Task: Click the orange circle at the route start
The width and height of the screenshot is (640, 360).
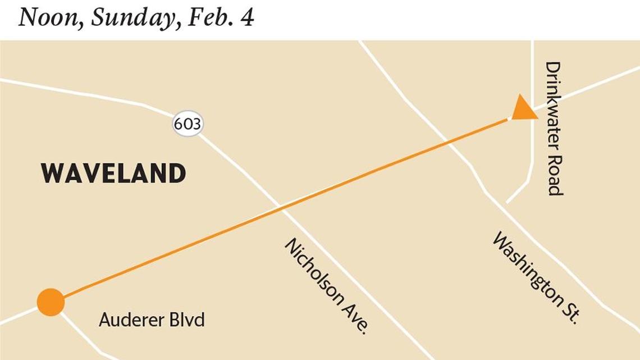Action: pyautogui.click(x=51, y=302)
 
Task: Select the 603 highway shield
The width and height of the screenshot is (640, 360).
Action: pyautogui.click(x=187, y=124)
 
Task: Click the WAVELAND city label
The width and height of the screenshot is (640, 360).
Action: pyautogui.click(x=113, y=174)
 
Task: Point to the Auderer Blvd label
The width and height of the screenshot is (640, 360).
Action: pyautogui.click(x=152, y=320)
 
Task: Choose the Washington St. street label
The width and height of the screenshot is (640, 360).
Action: pyautogui.click(x=534, y=277)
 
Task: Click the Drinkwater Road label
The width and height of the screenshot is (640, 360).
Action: pyautogui.click(x=554, y=128)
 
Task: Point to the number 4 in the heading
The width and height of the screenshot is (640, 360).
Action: pyautogui.click(x=247, y=17)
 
